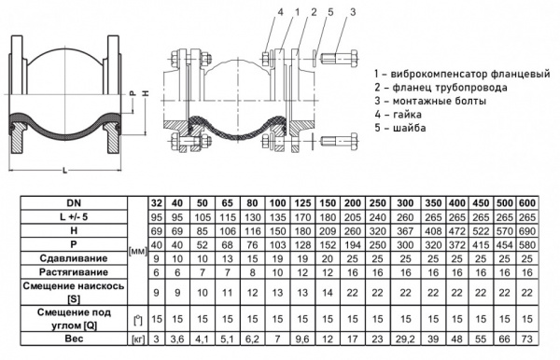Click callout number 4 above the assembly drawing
[x=280, y=12]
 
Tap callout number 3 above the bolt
[x=353, y=12]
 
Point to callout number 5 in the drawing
[x=330, y=12]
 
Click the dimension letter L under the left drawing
[x=65, y=171]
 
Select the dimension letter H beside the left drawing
[x=146, y=93]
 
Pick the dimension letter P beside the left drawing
[x=133, y=93]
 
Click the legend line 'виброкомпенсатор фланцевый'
[x=462, y=75]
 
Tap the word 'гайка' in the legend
[x=407, y=115]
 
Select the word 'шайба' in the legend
[x=410, y=128]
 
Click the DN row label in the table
[x=74, y=203]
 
